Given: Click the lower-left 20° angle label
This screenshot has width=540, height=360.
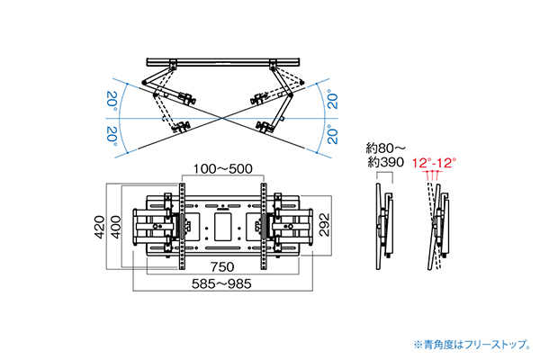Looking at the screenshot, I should [x=111, y=135].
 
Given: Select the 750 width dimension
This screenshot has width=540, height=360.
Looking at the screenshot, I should [x=222, y=268].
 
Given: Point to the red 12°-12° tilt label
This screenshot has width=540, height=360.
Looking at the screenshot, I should [x=435, y=163].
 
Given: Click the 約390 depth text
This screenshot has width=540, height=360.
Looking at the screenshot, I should [x=384, y=163].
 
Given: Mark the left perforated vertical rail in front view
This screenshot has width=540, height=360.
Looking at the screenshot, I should [x=182, y=227].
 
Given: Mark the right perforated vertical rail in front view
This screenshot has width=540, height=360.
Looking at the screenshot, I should [x=263, y=227].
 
